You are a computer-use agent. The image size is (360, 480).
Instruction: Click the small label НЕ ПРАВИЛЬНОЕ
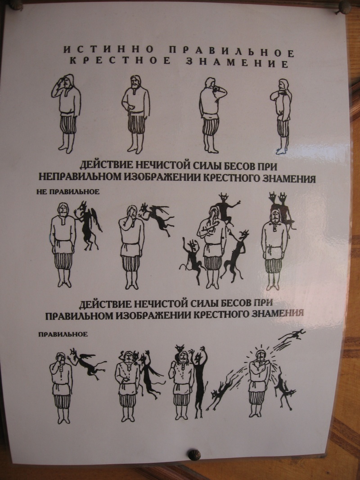(x=68, y=192)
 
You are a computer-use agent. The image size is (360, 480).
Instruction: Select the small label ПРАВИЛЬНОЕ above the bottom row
(x=63, y=334)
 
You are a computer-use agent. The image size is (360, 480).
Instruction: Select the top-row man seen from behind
(x=212, y=115)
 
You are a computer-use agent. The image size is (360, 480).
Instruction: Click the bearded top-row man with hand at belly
(x=135, y=114)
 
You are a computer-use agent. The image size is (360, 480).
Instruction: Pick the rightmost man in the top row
(x=281, y=117)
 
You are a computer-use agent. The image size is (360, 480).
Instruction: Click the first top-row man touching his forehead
(x=66, y=113)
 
